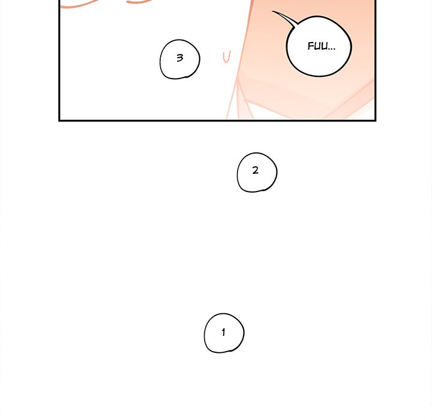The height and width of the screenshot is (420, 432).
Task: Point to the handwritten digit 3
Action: tap(179, 58)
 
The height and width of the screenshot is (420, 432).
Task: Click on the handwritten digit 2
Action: tap(256, 170)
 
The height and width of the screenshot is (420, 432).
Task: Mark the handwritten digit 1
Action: tap(223, 332)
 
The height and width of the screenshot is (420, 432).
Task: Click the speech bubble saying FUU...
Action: tap(319, 46)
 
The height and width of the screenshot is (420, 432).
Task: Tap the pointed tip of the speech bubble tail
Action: tap(272, 11)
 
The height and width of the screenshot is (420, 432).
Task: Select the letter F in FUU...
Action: tap(311, 46)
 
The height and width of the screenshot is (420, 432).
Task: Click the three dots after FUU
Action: tap(332, 49)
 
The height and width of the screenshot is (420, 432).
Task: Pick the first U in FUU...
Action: tap(317, 46)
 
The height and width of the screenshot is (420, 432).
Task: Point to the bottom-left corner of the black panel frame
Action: tap(59, 120)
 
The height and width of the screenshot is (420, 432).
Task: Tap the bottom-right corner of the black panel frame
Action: tap(375, 120)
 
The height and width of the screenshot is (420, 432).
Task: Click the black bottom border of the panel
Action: tap(217, 120)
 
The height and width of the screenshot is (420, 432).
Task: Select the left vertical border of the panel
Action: tap(59, 60)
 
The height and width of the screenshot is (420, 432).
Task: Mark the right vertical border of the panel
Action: tap(375, 60)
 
